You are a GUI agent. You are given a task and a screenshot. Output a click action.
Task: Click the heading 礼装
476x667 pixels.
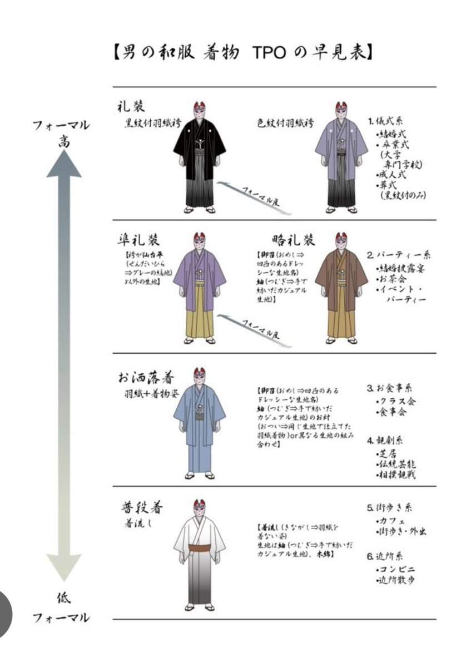(132, 106)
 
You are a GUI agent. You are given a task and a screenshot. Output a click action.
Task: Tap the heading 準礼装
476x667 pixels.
(138, 240)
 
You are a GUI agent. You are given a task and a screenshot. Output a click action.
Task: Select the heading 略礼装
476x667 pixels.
(294, 240)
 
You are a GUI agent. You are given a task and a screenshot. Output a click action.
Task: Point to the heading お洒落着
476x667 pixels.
(146, 377)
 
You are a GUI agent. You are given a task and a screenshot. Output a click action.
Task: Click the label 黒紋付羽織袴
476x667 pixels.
(152, 125)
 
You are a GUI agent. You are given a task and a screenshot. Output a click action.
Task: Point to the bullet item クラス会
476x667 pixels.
(396, 401)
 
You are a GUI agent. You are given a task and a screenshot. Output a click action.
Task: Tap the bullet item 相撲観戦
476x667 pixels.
(399, 475)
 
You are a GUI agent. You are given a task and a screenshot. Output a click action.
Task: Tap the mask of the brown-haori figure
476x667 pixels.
(342, 243)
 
